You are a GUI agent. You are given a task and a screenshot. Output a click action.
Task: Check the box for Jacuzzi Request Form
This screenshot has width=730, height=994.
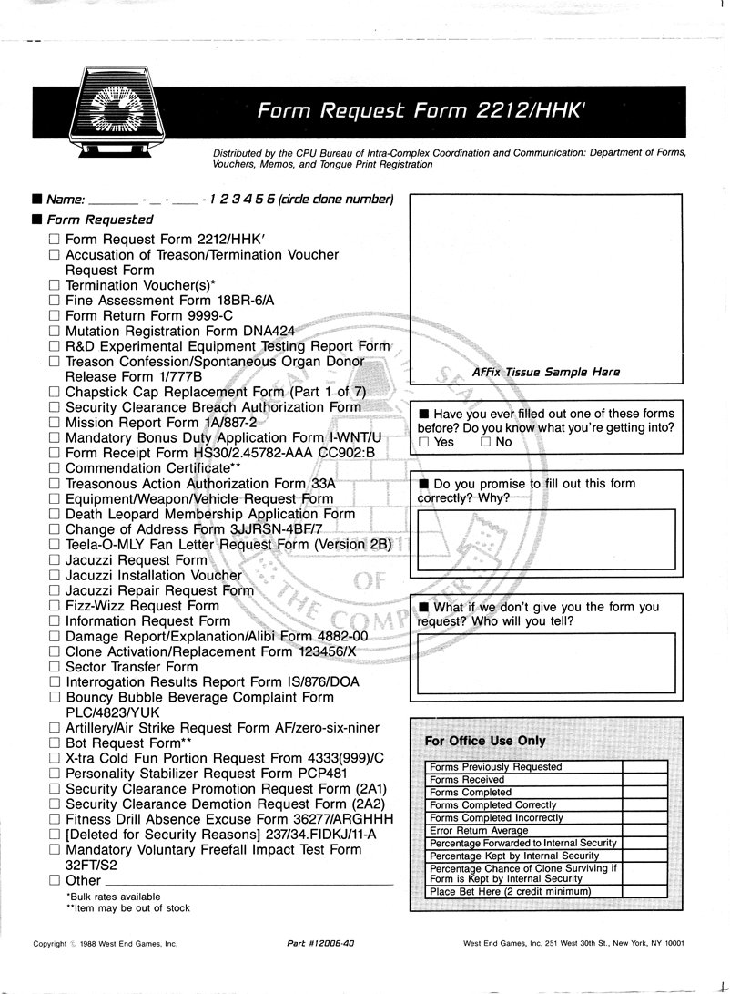pos(55,560)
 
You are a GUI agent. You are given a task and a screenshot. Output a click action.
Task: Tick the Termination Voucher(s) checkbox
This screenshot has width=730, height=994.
pos(55,285)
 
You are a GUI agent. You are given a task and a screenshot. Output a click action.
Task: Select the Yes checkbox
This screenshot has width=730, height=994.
pos(424,442)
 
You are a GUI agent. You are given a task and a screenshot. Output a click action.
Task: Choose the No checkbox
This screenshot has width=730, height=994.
pos(485,442)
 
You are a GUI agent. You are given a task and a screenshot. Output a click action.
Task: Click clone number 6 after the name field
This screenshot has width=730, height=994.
pos(272,200)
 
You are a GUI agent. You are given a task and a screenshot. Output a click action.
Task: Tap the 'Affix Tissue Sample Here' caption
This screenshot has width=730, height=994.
pos(546,372)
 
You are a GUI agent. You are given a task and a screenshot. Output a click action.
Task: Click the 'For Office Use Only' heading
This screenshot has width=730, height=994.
pos(485,741)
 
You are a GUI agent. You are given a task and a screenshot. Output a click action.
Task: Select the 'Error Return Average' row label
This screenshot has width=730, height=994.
pos(479,831)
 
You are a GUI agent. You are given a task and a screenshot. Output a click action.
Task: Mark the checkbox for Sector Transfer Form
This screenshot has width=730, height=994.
pos(55,667)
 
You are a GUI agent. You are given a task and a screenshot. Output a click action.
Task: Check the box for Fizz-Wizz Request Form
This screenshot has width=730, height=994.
pos(55,606)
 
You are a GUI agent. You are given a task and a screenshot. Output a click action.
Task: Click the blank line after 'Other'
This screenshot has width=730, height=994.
pos(249,881)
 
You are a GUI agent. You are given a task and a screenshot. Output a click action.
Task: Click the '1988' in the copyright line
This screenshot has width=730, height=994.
pos(90,944)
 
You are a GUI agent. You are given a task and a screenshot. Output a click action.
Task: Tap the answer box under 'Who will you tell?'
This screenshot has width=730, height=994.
pos(546,662)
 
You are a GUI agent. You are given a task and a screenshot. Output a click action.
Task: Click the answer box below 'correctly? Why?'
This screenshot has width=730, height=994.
pos(546,538)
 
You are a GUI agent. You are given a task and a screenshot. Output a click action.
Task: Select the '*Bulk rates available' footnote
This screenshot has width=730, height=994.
pos(113,897)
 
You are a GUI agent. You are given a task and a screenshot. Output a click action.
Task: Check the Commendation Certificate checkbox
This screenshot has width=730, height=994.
pos(55,468)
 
